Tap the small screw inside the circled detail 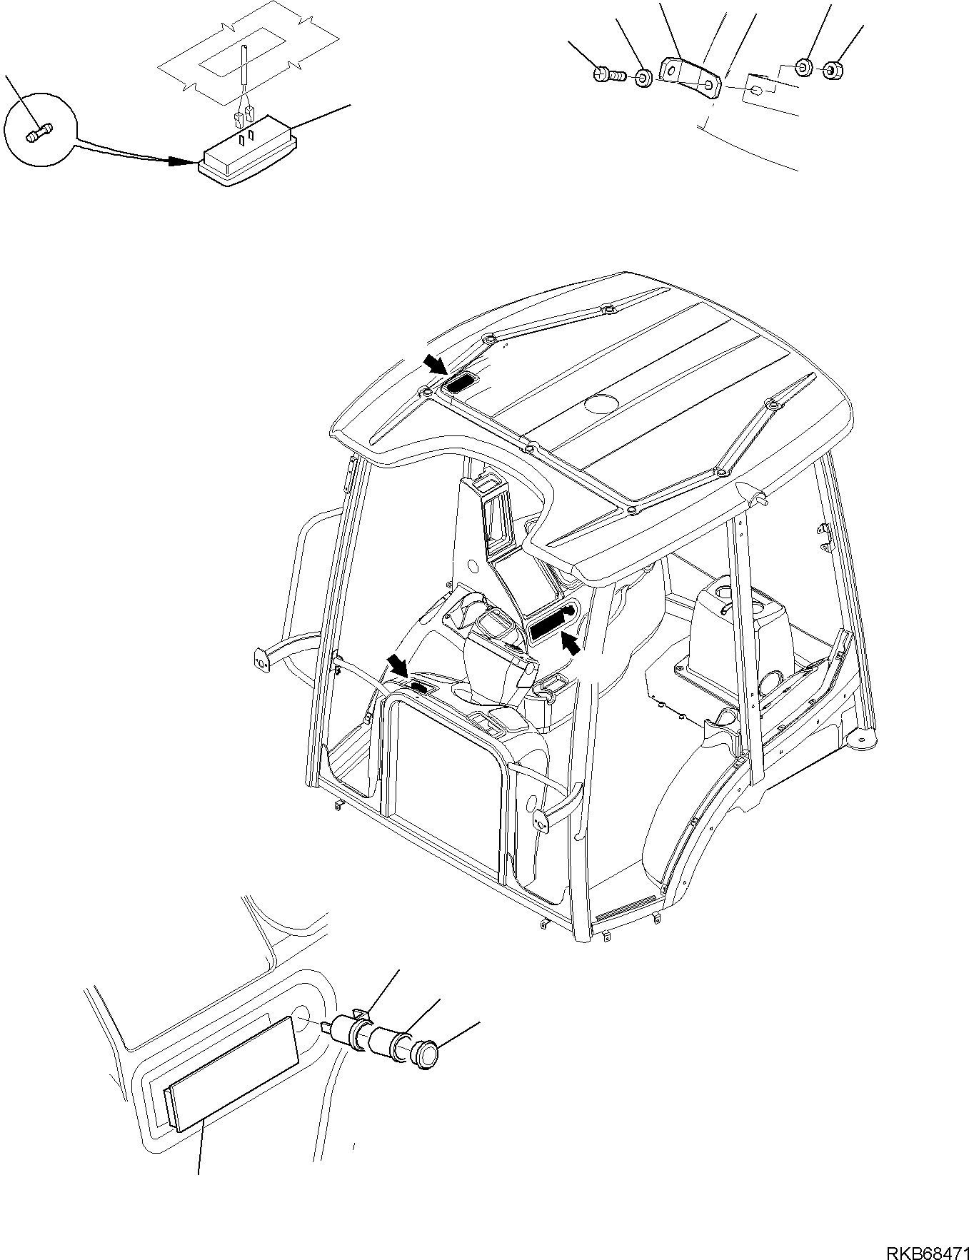coord(39,133)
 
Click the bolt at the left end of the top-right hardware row coord(609,74)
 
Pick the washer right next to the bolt coord(643,77)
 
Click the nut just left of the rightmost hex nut coord(803,68)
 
